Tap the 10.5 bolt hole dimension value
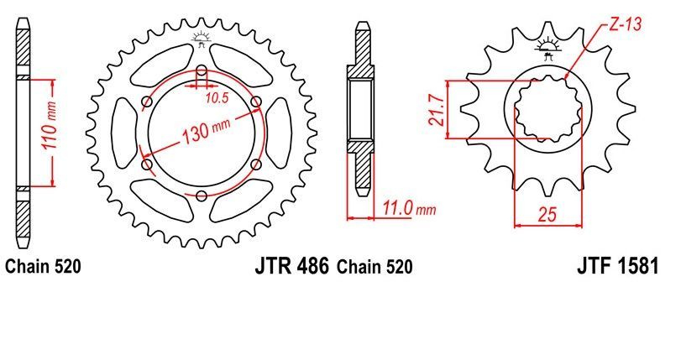pos(217,98)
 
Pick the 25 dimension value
pos(547,215)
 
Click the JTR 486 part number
pos(291,268)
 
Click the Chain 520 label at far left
pos(43,268)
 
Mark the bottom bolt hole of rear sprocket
pos(202,196)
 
